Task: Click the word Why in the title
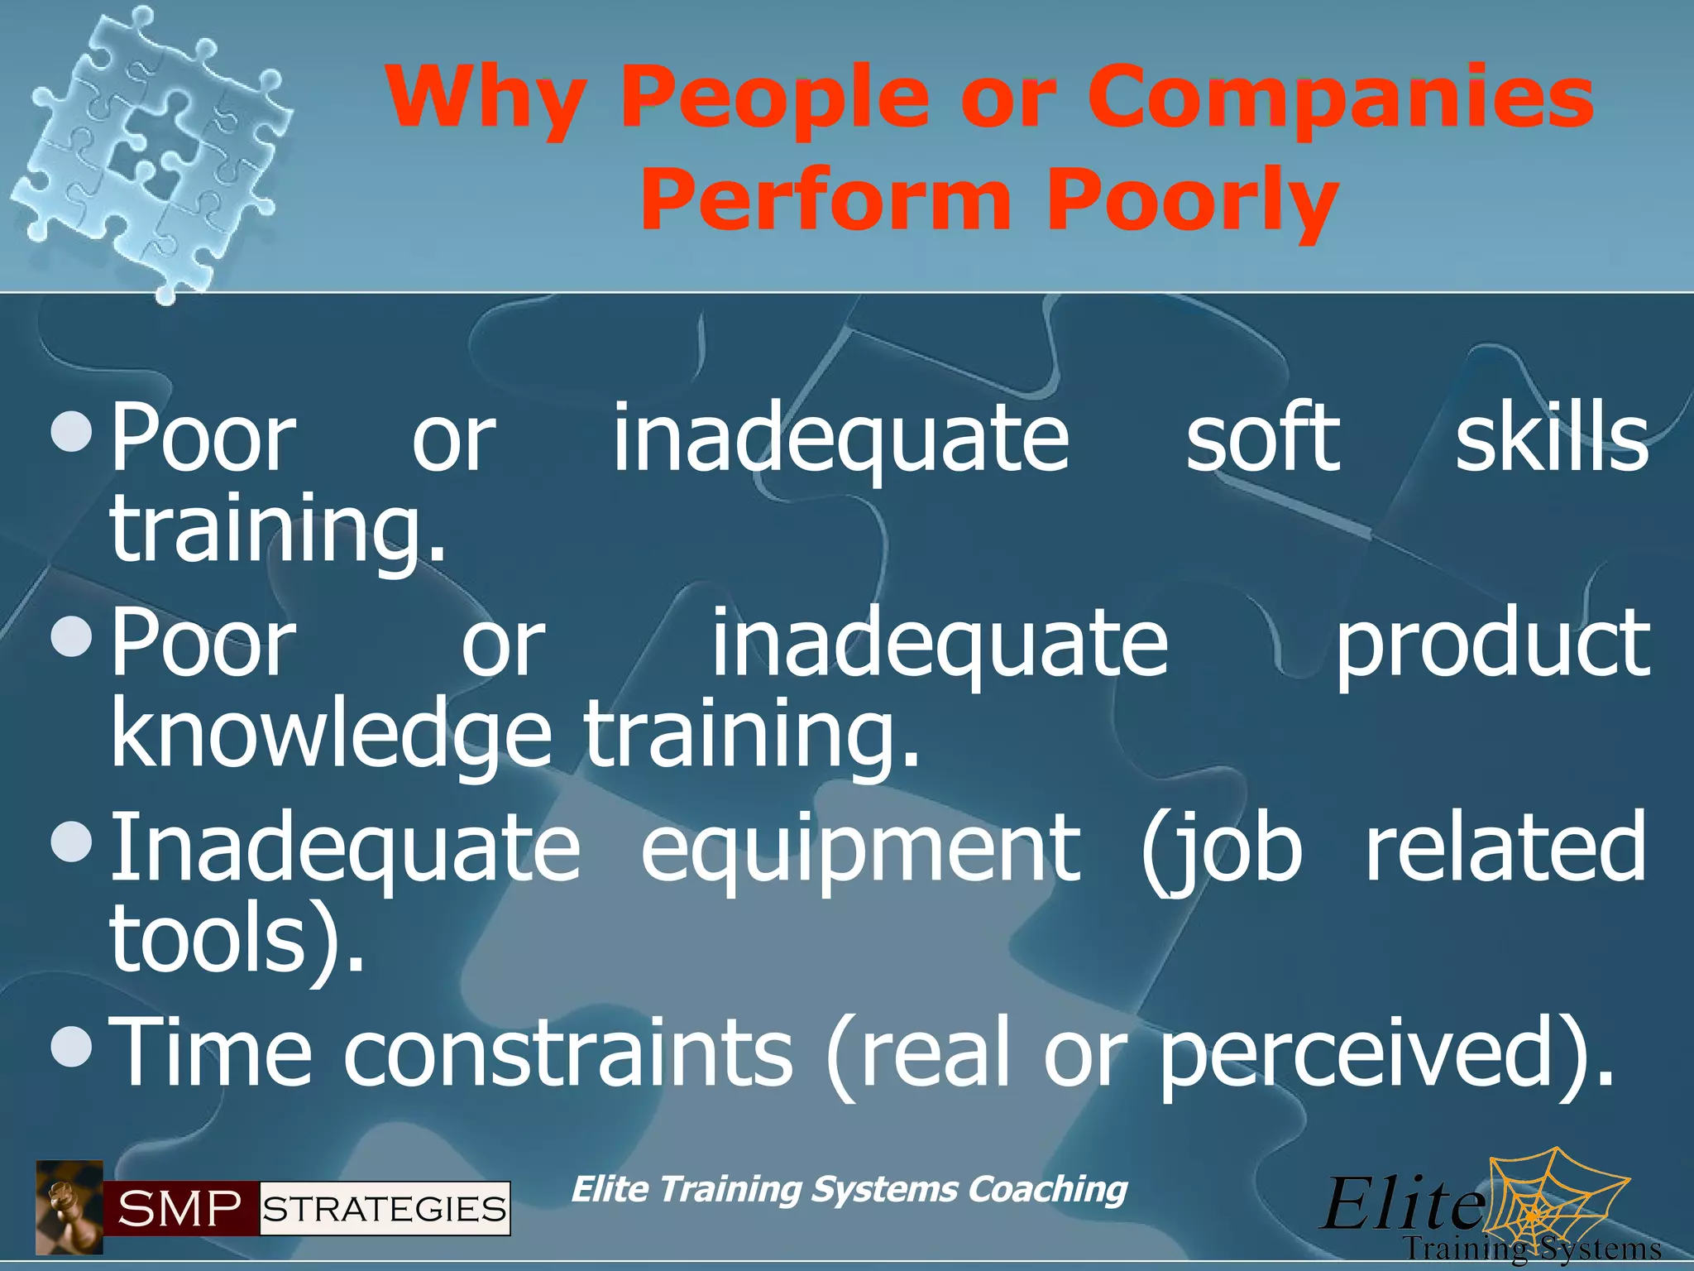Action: [x=483, y=99]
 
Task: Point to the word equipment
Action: [x=860, y=847]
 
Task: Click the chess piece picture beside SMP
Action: [x=69, y=1207]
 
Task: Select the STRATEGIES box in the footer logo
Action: [x=385, y=1209]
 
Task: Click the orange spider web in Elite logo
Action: [x=1555, y=1200]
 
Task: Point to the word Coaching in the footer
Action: [x=1047, y=1189]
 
